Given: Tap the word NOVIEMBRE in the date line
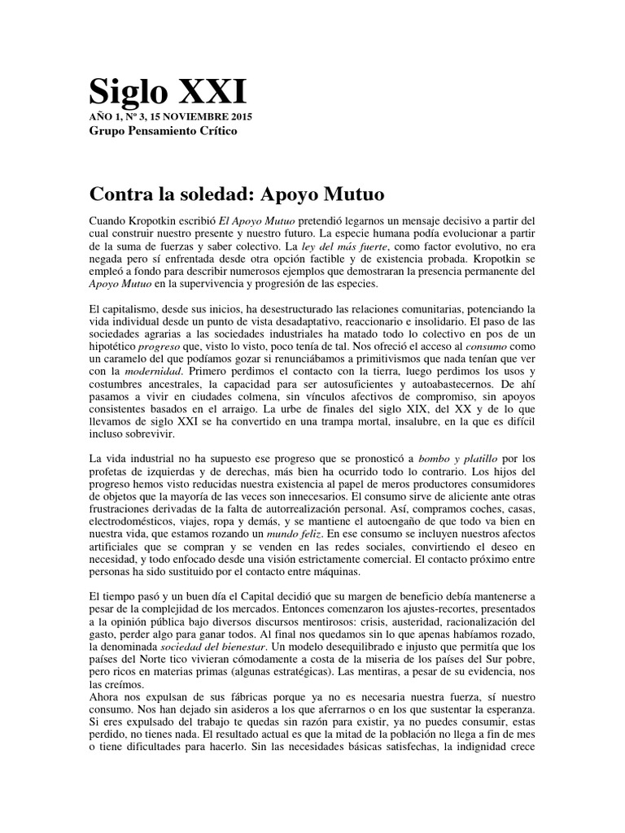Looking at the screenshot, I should click(x=180, y=117).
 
